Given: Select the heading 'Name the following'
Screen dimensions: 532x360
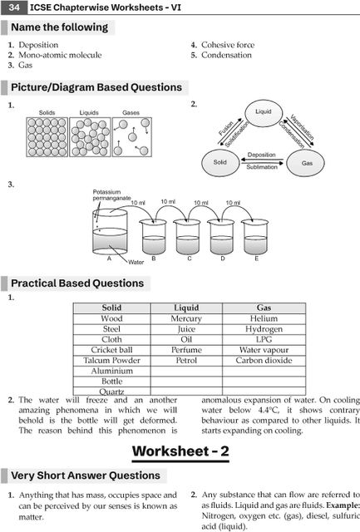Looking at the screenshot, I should pyautogui.click(x=59, y=27).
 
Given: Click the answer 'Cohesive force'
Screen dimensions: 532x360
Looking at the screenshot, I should pyautogui.click(x=227, y=45).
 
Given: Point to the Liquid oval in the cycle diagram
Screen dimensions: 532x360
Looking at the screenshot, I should pyautogui.click(x=264, y=112).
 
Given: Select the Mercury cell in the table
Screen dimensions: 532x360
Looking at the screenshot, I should pyautogui.click(x=186, y=318).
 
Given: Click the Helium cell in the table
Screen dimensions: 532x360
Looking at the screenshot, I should pyautogui.click(x=264, y=318).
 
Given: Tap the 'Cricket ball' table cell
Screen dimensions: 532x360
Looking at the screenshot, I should pyautogui.click(x=111, y=350).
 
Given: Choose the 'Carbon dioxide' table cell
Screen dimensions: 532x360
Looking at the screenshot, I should pyautogui.click(x=264, y=361).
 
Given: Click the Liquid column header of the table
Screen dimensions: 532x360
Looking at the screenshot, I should pyautogui.click(x=186, y=308).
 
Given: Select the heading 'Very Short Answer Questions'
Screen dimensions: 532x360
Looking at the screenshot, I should pyautogui.click(x=86, y=475).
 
